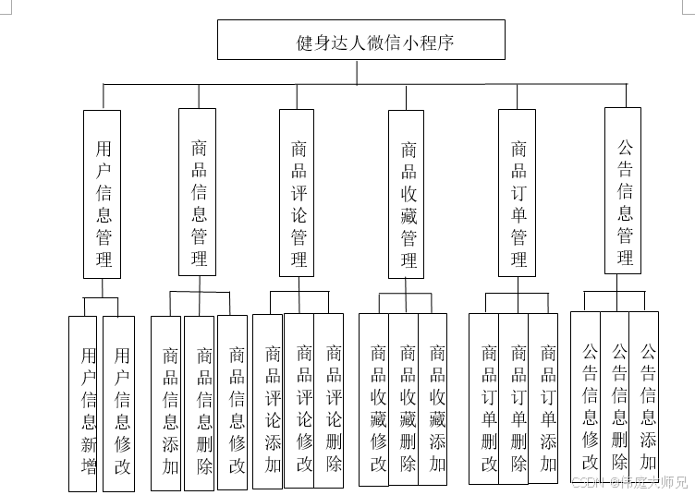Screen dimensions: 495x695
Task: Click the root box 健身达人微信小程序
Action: pyautogui.click(x=361, y=41)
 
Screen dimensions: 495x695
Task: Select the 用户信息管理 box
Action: pyautogui.click(x=103, y=194)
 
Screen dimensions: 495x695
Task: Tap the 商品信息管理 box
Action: pyautogui.click(x=197, y=191)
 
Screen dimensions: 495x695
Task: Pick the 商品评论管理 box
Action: pyautogui.click(x=298, y=192)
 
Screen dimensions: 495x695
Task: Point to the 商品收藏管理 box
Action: pyautogui.click(x=408, y=194)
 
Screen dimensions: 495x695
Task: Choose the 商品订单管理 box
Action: pyautogui.click(x=517, y=192)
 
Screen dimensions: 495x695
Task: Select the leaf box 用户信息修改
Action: pyautogui.click(x=118, y=403)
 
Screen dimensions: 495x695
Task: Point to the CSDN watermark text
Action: pyautogui.click(x=628, y=482)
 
